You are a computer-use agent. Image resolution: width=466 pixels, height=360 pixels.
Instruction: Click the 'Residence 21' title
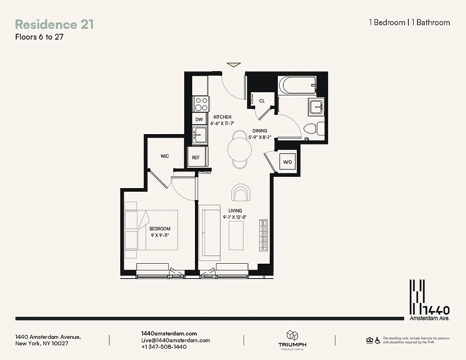coord(54,24)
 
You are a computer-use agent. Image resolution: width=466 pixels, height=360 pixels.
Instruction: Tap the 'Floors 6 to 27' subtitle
coord(39,37)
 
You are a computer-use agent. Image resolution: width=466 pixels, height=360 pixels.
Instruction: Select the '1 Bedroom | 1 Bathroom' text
coord(409,22)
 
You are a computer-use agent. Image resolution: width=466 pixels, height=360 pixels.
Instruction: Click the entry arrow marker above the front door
coord(234,65)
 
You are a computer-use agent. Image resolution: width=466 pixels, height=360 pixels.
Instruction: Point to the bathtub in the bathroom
coord(297,85)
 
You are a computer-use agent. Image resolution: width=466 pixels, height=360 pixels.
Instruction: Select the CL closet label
coord(262,101)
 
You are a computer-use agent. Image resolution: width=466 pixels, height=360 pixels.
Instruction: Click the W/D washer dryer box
coord(287,162)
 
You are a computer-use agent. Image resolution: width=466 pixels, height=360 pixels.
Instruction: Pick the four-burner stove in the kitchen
coord(200,104)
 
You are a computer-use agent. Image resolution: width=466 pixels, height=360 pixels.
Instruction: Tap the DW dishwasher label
coord(199,119)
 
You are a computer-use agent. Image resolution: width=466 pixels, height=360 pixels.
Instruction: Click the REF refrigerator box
coord(196,157)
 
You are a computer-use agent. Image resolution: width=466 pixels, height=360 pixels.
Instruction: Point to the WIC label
coord(165,156)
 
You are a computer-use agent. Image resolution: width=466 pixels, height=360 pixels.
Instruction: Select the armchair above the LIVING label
coord(240,193)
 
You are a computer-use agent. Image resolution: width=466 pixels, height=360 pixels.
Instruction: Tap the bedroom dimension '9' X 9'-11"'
coord(160,235)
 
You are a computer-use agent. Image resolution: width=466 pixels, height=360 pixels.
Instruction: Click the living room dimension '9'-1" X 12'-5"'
coord(235,217)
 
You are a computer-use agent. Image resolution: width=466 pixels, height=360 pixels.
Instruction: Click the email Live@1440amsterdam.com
coord(176,341)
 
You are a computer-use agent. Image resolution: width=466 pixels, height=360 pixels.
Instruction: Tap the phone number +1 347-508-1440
coord(164,347)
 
